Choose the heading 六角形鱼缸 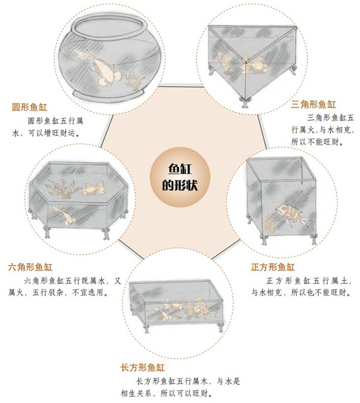[30, 268]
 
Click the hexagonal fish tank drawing [79, 196]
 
